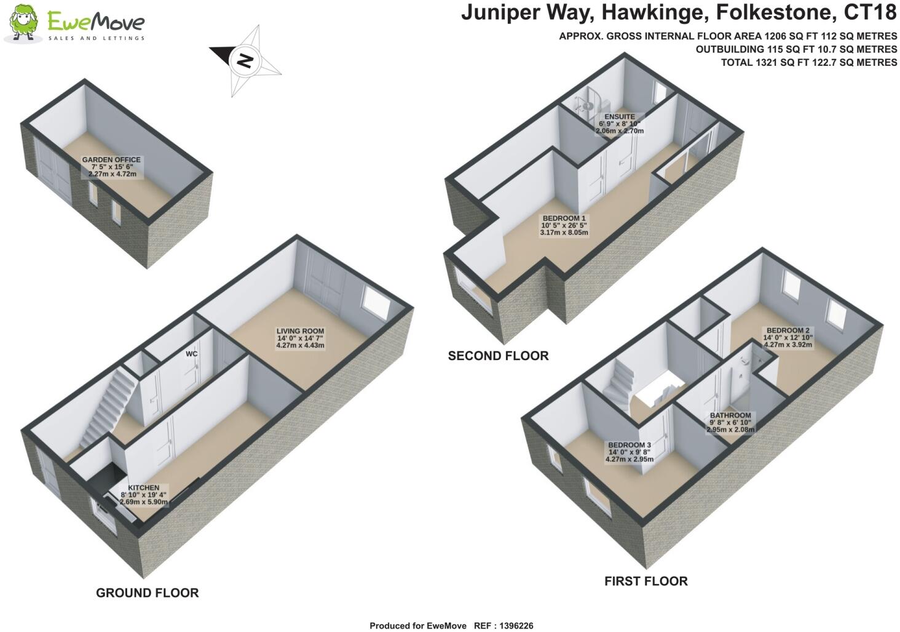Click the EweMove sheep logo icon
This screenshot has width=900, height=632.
(24, 23)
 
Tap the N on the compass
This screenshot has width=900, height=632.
(245, 60)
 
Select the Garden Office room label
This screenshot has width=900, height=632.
(111, 160)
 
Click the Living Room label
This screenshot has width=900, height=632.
(300, 331)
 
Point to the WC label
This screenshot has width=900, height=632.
(192, 354)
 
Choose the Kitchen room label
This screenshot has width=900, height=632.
(143, 488)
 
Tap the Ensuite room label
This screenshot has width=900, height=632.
(619, 117)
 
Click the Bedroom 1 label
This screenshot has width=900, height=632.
(564, 218)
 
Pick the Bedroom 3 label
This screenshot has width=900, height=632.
(629, 446)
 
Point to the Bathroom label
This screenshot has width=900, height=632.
(730, 416)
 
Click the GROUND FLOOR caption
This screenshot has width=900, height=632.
(147, 593)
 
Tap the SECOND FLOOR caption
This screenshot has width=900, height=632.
(498, 356)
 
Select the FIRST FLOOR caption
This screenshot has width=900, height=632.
(645, 581)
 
